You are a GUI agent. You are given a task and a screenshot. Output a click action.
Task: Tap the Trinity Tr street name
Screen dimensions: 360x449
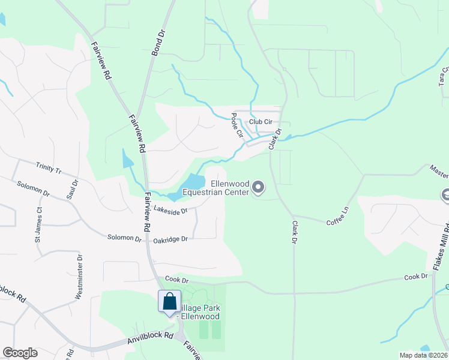(49, 167)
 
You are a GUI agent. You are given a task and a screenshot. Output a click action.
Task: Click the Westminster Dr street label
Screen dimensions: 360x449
(79, 276)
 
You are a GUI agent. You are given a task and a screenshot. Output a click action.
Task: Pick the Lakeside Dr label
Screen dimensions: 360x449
(171, 210)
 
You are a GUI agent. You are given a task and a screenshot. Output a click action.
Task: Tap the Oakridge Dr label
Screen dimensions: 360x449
(170, 239)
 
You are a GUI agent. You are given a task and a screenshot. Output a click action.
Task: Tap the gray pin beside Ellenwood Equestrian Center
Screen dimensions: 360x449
(258, 188)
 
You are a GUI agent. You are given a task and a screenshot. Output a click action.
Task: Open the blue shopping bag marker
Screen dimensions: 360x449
(170, 301)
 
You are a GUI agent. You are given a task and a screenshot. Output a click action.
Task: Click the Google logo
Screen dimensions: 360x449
(20, 353)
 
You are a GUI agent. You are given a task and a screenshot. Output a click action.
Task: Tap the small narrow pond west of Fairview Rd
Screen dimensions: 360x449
(128, 158)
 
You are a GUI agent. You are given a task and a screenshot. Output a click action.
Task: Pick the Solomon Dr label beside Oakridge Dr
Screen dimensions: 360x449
(124, 238)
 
